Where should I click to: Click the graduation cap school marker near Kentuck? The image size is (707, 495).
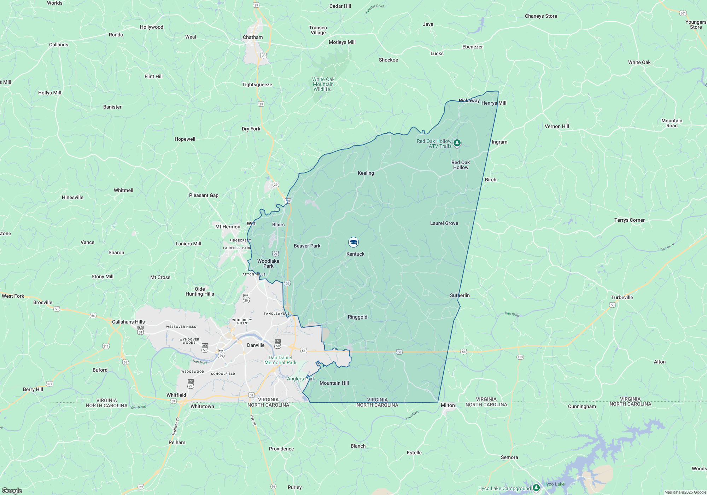click(353, 242)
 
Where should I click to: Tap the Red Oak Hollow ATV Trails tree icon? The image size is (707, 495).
click(457, 143)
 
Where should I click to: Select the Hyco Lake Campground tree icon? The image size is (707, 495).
click(536, 488)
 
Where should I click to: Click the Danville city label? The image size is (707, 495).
click(256, 345)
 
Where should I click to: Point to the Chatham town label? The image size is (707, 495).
click(253, 37)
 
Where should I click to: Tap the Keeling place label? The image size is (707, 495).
click(366, 173)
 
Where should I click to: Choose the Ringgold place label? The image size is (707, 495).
click(357, 317)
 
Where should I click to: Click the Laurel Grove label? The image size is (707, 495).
click(444, 223)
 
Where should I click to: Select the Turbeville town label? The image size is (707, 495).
click(622, 297)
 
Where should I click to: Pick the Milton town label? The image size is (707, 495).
click(448, 405)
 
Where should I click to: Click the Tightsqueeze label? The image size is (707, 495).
click(257, 85)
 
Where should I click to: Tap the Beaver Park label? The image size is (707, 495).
click(307, 246)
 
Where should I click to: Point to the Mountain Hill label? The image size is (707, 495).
click(334, 383)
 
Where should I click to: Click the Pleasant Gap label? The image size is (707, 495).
click(204, 195)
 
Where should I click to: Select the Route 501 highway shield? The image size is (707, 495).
click(683, 13)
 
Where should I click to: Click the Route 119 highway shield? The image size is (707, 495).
click(520, 357)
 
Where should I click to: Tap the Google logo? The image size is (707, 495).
click(12, 491)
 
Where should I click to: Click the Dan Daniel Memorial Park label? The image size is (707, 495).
click(280, 360)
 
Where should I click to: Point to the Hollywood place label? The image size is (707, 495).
click(151, 27)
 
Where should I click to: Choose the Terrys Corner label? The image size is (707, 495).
click(629, 220)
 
